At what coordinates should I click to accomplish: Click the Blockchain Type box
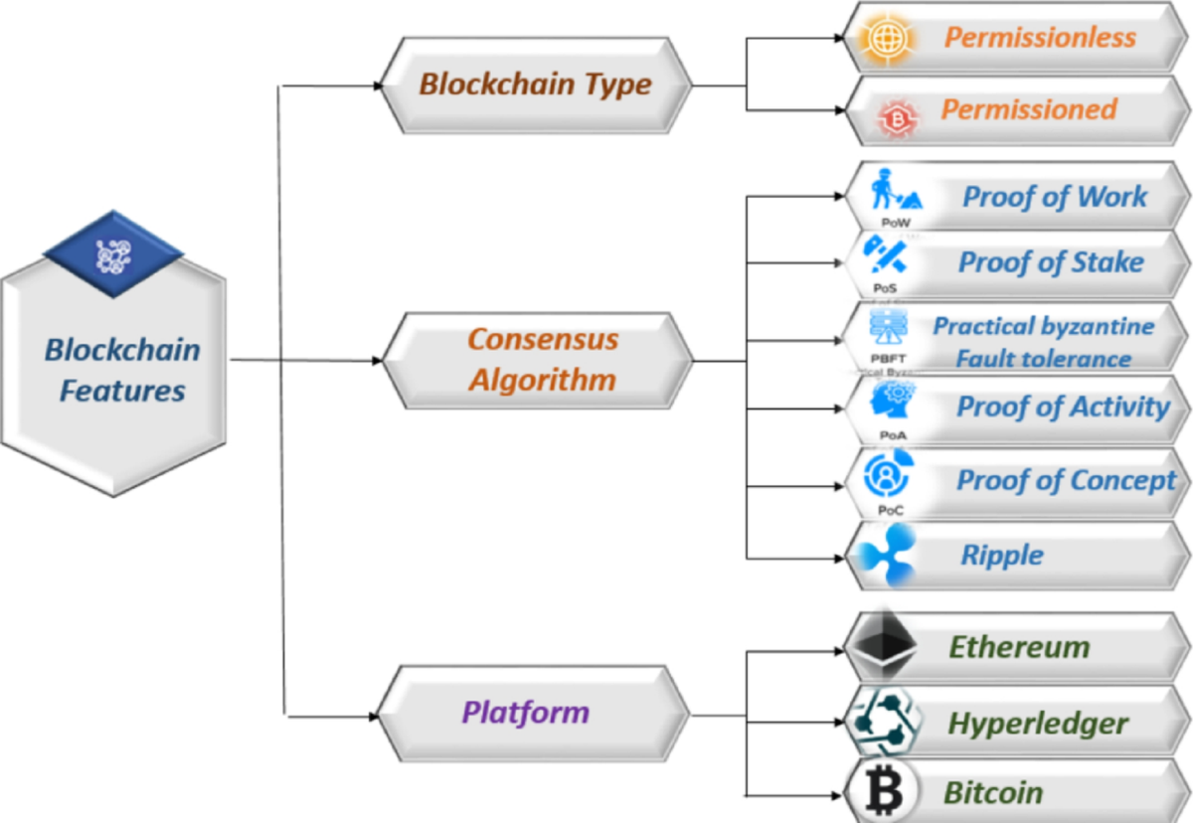click(x=535, y=84)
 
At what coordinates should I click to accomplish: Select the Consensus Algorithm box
click(x=542, y=359)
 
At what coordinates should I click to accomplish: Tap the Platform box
click(x=526, y=712)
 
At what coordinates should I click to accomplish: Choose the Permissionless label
click(x=1040, y=38)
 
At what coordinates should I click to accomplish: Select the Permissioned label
click(x=1029, y=109)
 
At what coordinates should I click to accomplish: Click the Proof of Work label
click(x=1055, y=197)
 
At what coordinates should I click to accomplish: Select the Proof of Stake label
click(x=1050, y=263)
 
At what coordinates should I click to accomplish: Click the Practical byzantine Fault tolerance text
click(x=1043, y=342)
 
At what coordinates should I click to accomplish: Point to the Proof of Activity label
click(x=1063, y=407)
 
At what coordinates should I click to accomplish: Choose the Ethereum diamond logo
click(x=882, y=645)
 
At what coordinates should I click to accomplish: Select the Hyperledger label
click(x=1038, y=723)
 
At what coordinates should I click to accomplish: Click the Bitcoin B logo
click(x=881, y=792)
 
